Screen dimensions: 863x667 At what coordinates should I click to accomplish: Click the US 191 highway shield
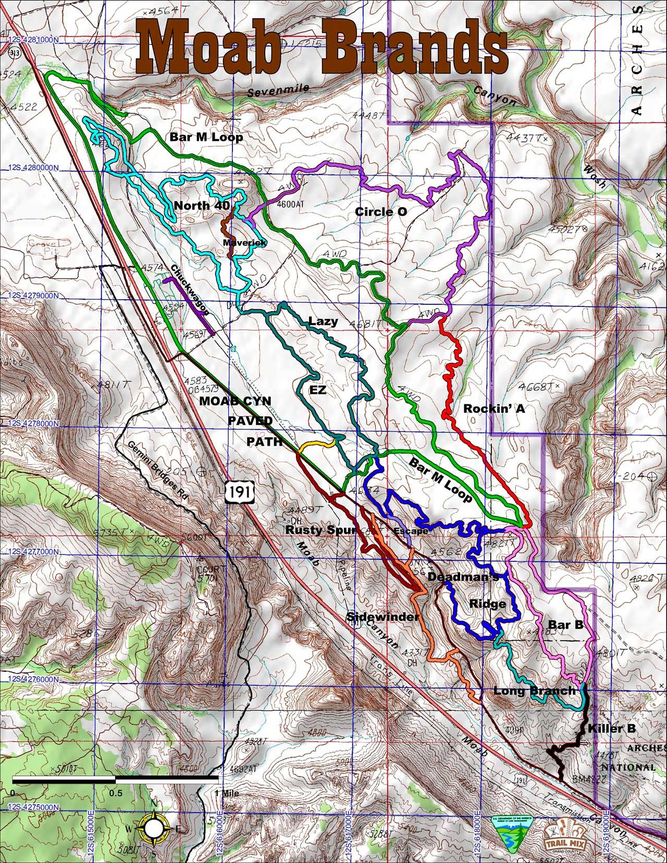point(238,492)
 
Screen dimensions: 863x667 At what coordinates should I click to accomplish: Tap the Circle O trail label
point(380,212)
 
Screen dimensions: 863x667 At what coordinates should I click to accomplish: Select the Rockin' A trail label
point(493,409)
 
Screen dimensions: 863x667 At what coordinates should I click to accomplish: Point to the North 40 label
point(202,205)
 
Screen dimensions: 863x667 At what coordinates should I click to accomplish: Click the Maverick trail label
point(245,243)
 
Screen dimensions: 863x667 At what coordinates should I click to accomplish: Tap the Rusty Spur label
point(320,531)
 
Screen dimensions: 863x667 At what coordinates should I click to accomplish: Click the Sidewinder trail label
point(383,617)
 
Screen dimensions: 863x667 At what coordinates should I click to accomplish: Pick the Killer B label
point(612,728)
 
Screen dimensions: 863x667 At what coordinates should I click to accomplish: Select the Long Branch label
point(535,691)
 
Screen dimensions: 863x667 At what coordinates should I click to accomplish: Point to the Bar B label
point(565,624)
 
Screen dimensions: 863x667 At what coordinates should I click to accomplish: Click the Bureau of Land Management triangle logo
point(511,829)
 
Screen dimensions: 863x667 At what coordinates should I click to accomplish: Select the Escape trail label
point(412,532)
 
